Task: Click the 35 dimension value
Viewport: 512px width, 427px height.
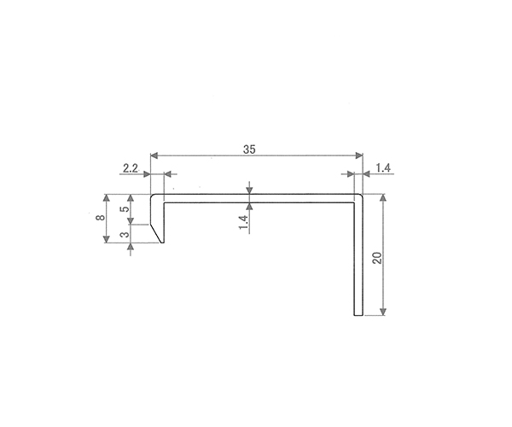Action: [x=249, y=149]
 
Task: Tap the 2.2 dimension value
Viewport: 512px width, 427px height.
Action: [x=131, y=168]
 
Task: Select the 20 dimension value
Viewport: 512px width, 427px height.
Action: [x=377, y=258]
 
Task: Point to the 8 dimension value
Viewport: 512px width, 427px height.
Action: [x=101, y=217]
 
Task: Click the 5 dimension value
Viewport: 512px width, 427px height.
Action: [x=125, y=208]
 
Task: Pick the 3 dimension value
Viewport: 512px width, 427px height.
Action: [x=125, y=235]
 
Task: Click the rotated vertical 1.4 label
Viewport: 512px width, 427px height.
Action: [x=243, y=223]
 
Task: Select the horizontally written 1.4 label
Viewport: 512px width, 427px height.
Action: [x=383, y=168]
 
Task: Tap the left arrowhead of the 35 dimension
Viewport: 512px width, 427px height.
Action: [x=154, y=155]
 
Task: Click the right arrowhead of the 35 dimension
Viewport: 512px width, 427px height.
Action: [x=359, y=155]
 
